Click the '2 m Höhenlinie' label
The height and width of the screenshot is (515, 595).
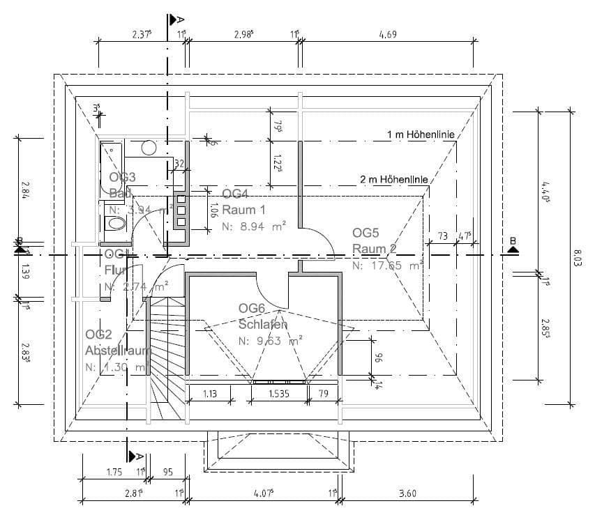(x=394, y=179)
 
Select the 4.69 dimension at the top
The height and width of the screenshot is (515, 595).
(x=387, y=33)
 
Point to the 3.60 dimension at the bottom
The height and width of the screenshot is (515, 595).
(x=407, y=493)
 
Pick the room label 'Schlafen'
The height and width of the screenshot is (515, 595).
(x=263, y=324)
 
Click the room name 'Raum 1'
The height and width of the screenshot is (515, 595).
(x=243, y=209)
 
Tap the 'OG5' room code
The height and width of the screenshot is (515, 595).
(x=366, y=231)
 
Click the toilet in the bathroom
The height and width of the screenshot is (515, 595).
(x=114, y=224)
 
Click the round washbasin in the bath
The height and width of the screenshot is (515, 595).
(x=149, y=148)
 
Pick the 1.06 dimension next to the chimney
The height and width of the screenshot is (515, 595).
(x=213, y=209)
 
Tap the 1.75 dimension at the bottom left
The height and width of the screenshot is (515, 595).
(x=114, y=472)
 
